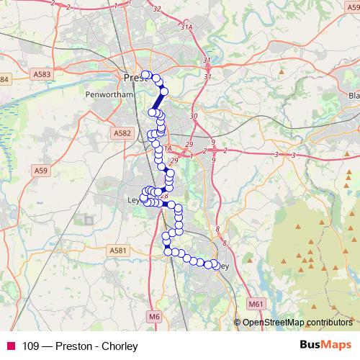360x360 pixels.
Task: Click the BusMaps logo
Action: click(326, 344)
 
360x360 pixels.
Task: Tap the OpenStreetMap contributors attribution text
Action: click(297, 322)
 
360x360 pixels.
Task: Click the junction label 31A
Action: click(188, 27)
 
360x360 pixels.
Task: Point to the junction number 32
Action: click(177, 9)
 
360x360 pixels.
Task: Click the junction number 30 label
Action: click(192, 116)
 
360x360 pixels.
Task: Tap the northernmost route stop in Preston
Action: click(145, 74)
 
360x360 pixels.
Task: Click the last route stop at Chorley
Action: click(215, 266)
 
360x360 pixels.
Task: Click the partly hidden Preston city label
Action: click(133, 77)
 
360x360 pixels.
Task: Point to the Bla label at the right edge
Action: click(353, 95)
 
